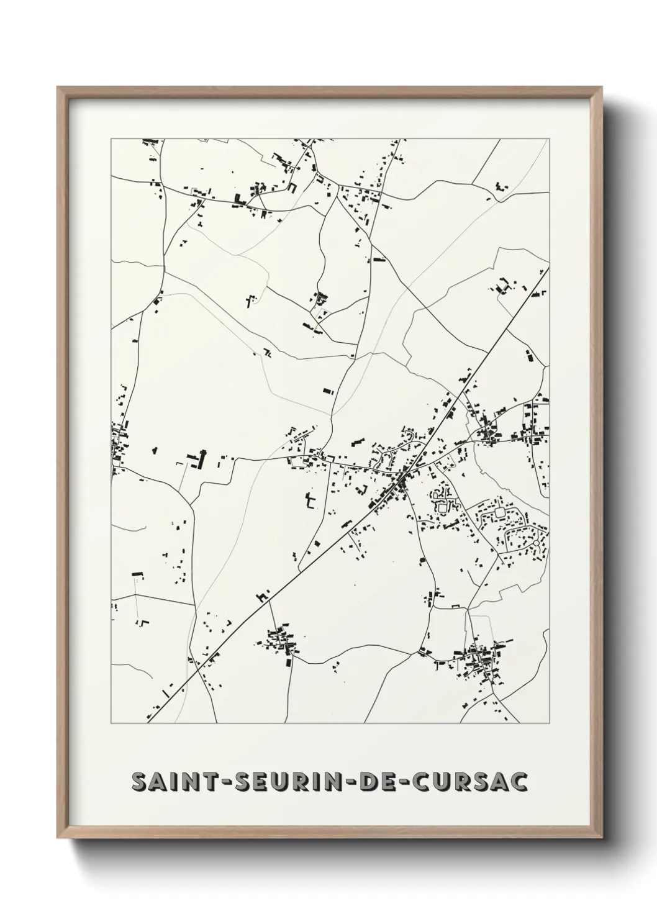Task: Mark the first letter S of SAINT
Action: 139,782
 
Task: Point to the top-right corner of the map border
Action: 549,139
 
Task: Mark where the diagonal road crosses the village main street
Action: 404,476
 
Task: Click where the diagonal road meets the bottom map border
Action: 148,723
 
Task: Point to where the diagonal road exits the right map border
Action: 549,269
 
